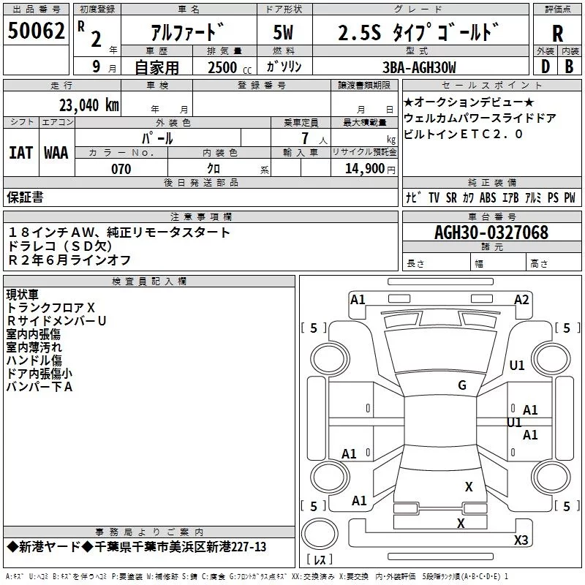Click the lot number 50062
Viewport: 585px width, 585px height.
point(36,31)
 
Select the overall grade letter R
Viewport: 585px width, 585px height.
point(557,34)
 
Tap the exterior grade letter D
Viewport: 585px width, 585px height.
point(546,67)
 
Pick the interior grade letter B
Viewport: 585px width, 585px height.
point(569,67)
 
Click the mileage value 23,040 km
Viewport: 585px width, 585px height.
point(89,105)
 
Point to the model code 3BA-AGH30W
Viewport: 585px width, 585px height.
point(419,67)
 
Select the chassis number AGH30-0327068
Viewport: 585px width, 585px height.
point(491,233)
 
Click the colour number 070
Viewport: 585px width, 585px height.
point(121,169)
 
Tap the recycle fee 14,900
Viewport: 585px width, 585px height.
point(364,168)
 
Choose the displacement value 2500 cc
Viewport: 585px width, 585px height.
point(230,67)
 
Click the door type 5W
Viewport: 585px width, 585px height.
point(283,32)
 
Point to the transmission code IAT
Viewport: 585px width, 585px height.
point(21,153)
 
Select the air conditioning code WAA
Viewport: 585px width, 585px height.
point(56,153)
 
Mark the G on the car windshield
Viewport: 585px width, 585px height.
point(462,385)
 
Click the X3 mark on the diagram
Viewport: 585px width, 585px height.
point(521,540)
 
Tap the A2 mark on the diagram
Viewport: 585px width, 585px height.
point(521,300)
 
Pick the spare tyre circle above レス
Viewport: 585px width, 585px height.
point(320,534)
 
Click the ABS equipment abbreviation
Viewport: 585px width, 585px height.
point(488,197)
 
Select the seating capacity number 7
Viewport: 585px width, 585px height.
point(305,138)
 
